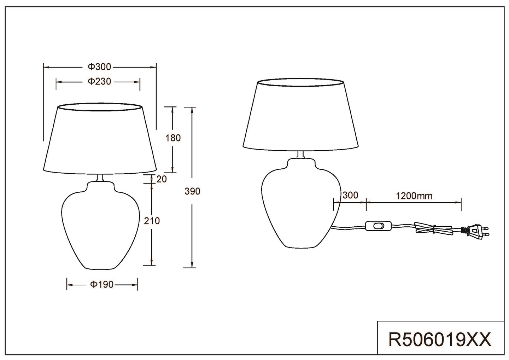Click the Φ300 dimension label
[100, 67]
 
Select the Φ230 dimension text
[100, 81]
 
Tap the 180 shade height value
[173, 138]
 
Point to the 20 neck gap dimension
[162, 179]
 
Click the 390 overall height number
[192, 191]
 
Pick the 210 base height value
[152, 221]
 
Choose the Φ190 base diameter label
[102, 284]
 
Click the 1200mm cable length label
[414, 196]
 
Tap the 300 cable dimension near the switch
[350, 195]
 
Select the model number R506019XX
[440, 340]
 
